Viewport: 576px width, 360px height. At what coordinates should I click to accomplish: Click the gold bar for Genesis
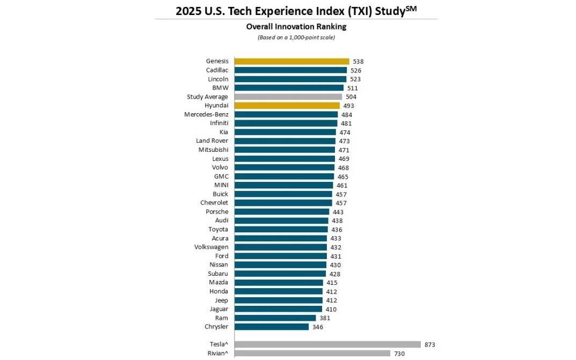pyautogui.click(x=291, y=61)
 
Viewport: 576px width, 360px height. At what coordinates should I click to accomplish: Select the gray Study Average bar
pyautogui.click(x=288, y=97)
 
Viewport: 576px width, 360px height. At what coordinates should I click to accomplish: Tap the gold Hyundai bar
pyautogui.click(x=287, y=106)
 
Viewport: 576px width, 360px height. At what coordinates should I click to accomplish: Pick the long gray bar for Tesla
pyautogui.click(x=327, y=344)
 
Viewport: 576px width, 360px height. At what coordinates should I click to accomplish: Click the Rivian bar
pyautogui.click(x=312, y=354)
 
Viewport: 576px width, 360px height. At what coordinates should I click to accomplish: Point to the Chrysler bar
pyautogui.click(x=272, y=327)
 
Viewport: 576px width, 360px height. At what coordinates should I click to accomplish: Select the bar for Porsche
pyautogui.click(x=282, y=212)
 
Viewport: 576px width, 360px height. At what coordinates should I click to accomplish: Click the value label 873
pyautogui.click(x=429, y=344)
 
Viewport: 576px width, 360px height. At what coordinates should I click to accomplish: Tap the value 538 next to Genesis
pyautogui.click(x=358, y=62)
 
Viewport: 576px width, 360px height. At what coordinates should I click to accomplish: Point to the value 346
pyautogui.click(x=318, y=327)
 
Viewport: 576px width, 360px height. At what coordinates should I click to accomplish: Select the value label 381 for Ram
pyautogui.click(x=325, y=318)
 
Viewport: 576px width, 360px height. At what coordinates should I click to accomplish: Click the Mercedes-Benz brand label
pyautogui.click(x=206, y=114)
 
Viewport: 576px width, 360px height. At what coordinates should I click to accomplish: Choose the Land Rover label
pyautogui.click(x=212, y=141)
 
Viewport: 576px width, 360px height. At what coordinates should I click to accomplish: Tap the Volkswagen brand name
pyautogui.click(x=211, y=247)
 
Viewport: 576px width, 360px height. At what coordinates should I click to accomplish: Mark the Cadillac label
pyautogui.click(x=217, y=70)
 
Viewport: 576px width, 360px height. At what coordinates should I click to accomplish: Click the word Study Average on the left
pyautogui.click(x=207, y=97)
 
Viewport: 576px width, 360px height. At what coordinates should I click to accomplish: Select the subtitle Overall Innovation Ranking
pyautogui.click(x=296, y=26)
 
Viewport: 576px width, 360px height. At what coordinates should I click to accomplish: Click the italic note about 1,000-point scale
pyautogui.click(x=296, y=38)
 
